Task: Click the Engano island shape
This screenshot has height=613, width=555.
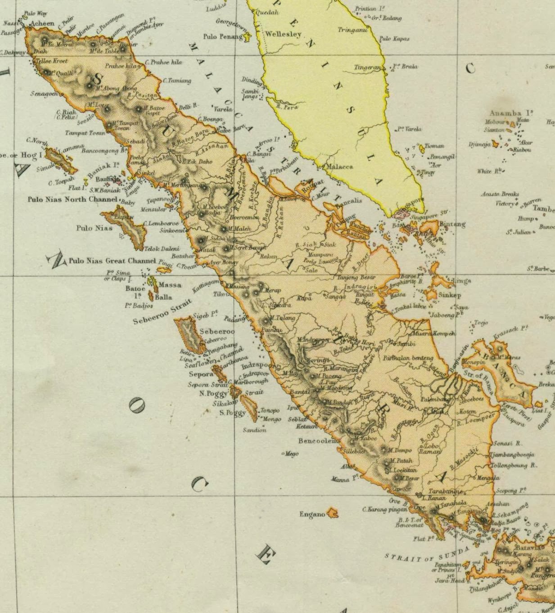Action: coord(333,512)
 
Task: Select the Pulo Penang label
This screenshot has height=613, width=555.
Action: coord(223,36)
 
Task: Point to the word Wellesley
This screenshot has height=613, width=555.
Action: coord(283,34)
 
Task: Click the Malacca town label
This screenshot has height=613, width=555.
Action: coord(339,167)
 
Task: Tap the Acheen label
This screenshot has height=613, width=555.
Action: coord(42,23)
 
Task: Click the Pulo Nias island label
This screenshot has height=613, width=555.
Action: coord(94,228)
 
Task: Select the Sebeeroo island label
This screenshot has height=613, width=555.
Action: coord(217,331)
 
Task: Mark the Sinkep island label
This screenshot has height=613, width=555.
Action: coord(450,295)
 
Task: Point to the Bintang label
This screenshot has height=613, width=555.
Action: coord(452,224)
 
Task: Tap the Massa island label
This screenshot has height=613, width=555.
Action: coord(170,284)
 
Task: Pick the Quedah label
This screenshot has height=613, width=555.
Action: coord(267,13)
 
